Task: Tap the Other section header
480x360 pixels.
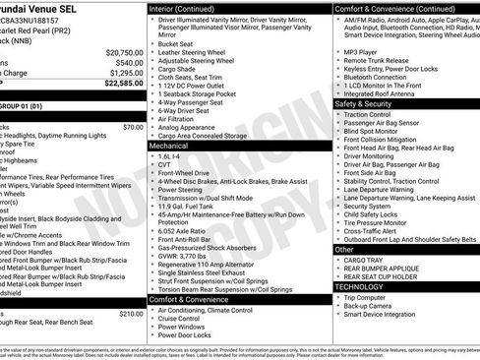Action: (345, 249)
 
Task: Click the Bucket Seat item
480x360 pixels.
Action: (176, 44)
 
